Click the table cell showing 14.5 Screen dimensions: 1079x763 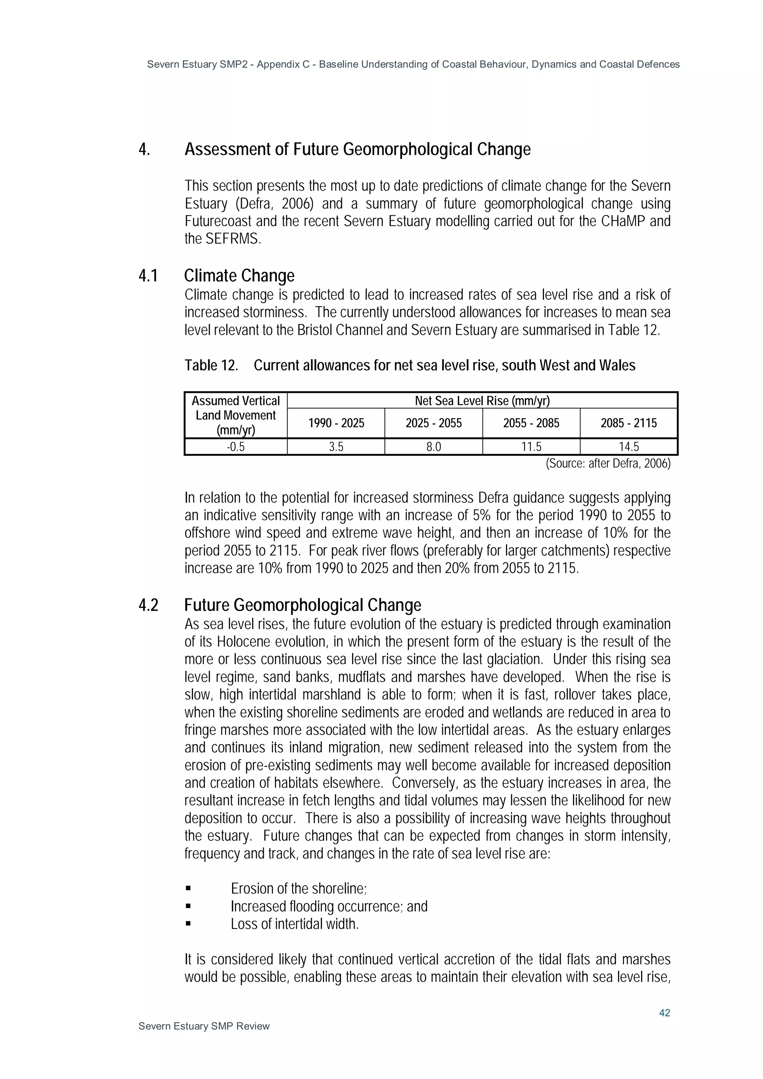(629, 447)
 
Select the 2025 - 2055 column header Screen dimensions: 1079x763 (433, 423)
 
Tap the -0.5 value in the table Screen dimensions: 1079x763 (235, 447)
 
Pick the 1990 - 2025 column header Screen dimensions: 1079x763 (336, 423)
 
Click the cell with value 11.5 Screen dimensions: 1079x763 (531, 447)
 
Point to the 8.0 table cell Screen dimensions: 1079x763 (433, 447)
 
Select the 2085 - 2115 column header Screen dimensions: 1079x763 (629, 423)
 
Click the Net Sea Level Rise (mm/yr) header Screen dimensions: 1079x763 (482, 401)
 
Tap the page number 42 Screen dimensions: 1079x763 (664, 1013)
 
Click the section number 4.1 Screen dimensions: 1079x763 (148, 276)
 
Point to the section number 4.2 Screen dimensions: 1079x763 (148, 605)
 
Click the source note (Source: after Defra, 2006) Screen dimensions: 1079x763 (608, 463)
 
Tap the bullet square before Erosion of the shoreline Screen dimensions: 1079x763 (188, 888)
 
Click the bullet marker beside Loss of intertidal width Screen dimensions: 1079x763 (188, 924)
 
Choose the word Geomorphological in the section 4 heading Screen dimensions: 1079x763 (408, 149)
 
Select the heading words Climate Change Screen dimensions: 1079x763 (239, 276)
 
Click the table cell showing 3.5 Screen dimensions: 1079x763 (336, 447)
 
